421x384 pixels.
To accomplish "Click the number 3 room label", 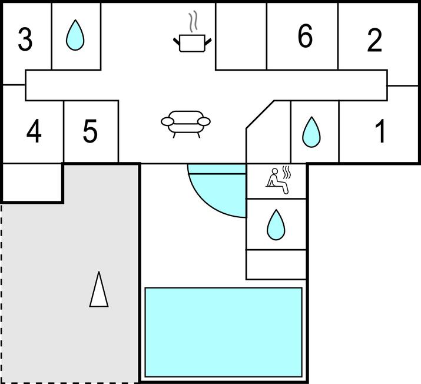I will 25,39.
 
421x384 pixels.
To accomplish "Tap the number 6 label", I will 304,37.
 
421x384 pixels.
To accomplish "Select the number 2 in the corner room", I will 374,40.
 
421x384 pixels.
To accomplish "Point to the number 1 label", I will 381,131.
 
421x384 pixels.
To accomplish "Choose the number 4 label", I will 34,131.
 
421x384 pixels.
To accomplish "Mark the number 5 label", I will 89,131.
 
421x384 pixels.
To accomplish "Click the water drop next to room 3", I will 75,35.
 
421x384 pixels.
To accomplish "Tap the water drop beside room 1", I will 311,132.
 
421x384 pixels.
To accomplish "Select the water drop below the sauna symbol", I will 275,225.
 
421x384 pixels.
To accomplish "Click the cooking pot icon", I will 192,42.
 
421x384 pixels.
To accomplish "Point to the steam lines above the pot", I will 193,22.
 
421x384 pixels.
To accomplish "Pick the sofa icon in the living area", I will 185,123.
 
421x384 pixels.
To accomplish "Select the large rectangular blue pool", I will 223,332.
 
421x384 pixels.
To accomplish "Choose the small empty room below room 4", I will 32,183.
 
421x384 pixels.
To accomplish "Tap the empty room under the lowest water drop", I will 276,264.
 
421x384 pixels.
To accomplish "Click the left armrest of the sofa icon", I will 168,122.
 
